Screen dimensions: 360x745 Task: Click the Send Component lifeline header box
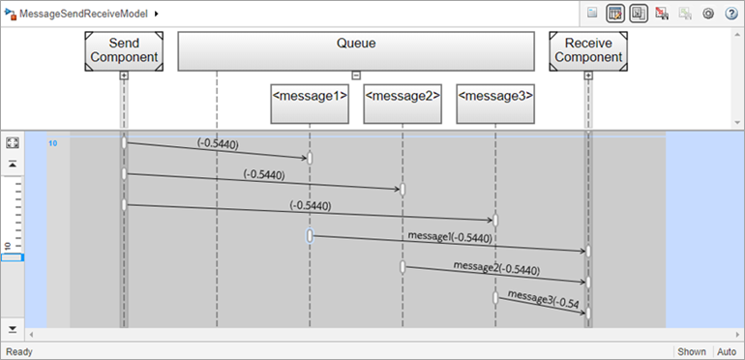123,50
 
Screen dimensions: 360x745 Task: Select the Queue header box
355,50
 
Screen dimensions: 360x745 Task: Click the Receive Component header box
587,50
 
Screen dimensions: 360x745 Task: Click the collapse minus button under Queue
356,75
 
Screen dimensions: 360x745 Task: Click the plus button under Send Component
124,75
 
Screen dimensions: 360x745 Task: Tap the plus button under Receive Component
588,75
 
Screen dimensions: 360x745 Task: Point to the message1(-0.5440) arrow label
450,236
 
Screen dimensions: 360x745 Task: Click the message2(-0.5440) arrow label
495,267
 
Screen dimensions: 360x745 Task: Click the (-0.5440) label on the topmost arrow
218,143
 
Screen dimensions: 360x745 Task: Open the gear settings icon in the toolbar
707,14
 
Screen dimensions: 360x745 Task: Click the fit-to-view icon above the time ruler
13,142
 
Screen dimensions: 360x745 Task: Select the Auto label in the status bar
727,351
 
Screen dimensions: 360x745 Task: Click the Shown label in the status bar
691,351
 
